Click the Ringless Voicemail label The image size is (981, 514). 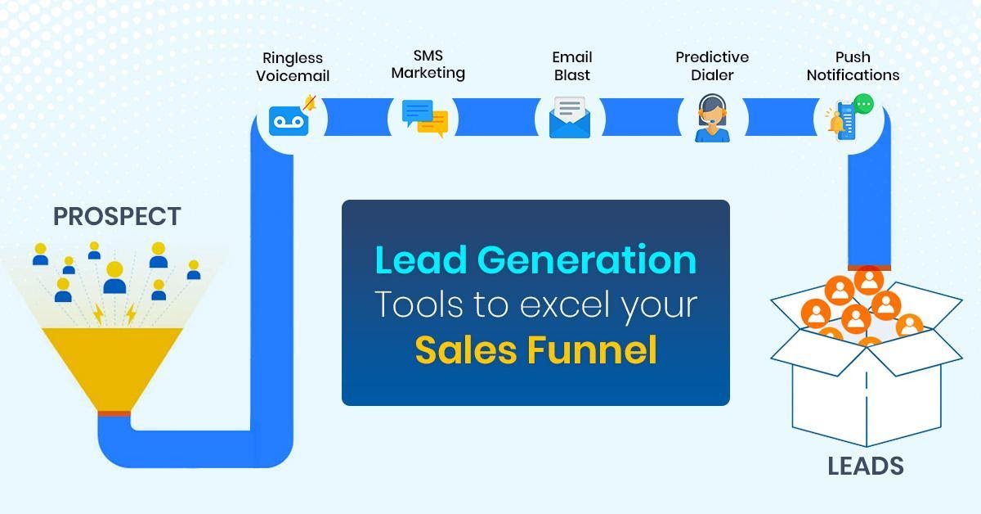coord(293,66)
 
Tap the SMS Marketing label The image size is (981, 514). coord(428,65)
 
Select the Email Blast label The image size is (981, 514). coord(572,65)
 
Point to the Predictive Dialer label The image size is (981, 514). coord(712,65)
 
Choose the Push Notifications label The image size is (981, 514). coord(853,65)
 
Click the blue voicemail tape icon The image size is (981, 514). coord(289,120)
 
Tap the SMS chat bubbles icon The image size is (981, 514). coord(425,118)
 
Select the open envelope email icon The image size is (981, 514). coord(569,117)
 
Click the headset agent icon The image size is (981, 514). coord(712,118)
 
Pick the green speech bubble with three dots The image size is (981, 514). coord(863,105)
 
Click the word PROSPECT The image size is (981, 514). coord(117,216)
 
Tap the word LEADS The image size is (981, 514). coord(866,466)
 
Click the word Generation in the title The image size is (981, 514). coord(587,259)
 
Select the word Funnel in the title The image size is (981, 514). coord(592,349)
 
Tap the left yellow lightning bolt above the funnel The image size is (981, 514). coord(98,314)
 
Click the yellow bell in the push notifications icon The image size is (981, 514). coord(836,123)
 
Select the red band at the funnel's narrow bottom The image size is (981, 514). coord(114,413)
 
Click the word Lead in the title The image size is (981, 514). coord(421,259)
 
